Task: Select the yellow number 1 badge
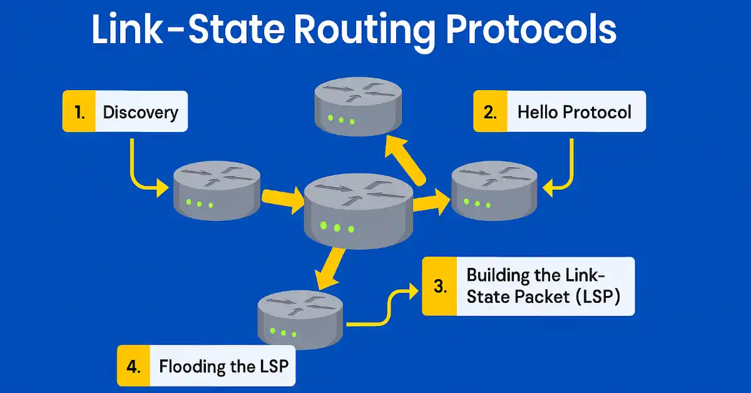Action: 79,112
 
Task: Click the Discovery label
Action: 141,112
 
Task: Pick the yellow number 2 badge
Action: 489,112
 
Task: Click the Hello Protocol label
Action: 575,112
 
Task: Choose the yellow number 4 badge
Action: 133,366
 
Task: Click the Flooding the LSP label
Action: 223,366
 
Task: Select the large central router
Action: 357,210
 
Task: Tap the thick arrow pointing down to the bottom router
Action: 329,268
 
